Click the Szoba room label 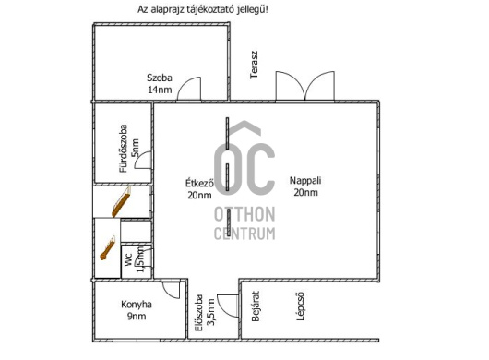pyautogui.click(x=160, y=78)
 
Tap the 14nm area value pyautogui.click(x=160, y=90)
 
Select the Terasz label pyautogui.click(x=255, y=65)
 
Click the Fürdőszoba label pyautogui.click(x=124, y=149)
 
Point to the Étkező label pyautogui.click(x=199, y=183)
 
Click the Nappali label pyautogui.click(x=305, y=180)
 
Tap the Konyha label pyautogui.click(x=137, y=305)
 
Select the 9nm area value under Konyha pyautogui.click(x=137, y=317)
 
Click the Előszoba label pyautogui.click(x=198, y=313)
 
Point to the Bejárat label pyautogui.click(x=256, y=306)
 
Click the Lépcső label pyautogui.click(x=300, y=306)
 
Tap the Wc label pyautogui.click(x=128, y=260)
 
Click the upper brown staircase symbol pyautogui.click(x=121, y=202)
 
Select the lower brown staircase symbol pyautogui.click(x=107, y=247)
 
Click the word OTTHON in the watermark pyautogui.click(x=244, y=214)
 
